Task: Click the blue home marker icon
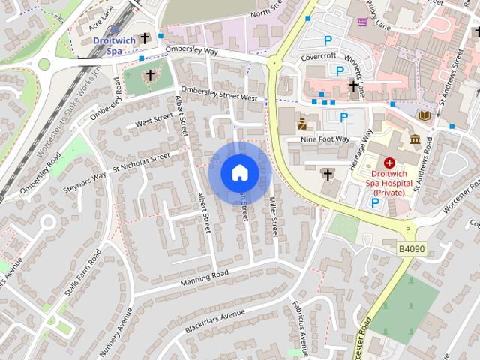coord(239,173)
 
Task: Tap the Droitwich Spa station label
coord(112,46)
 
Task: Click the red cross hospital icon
coord(390,162)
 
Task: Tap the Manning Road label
coord(203,278)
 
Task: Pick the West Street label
coord(154,121)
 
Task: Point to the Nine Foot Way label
coord(325,139)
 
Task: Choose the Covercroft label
coord(319,57)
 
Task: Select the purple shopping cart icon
coord(363,21)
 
